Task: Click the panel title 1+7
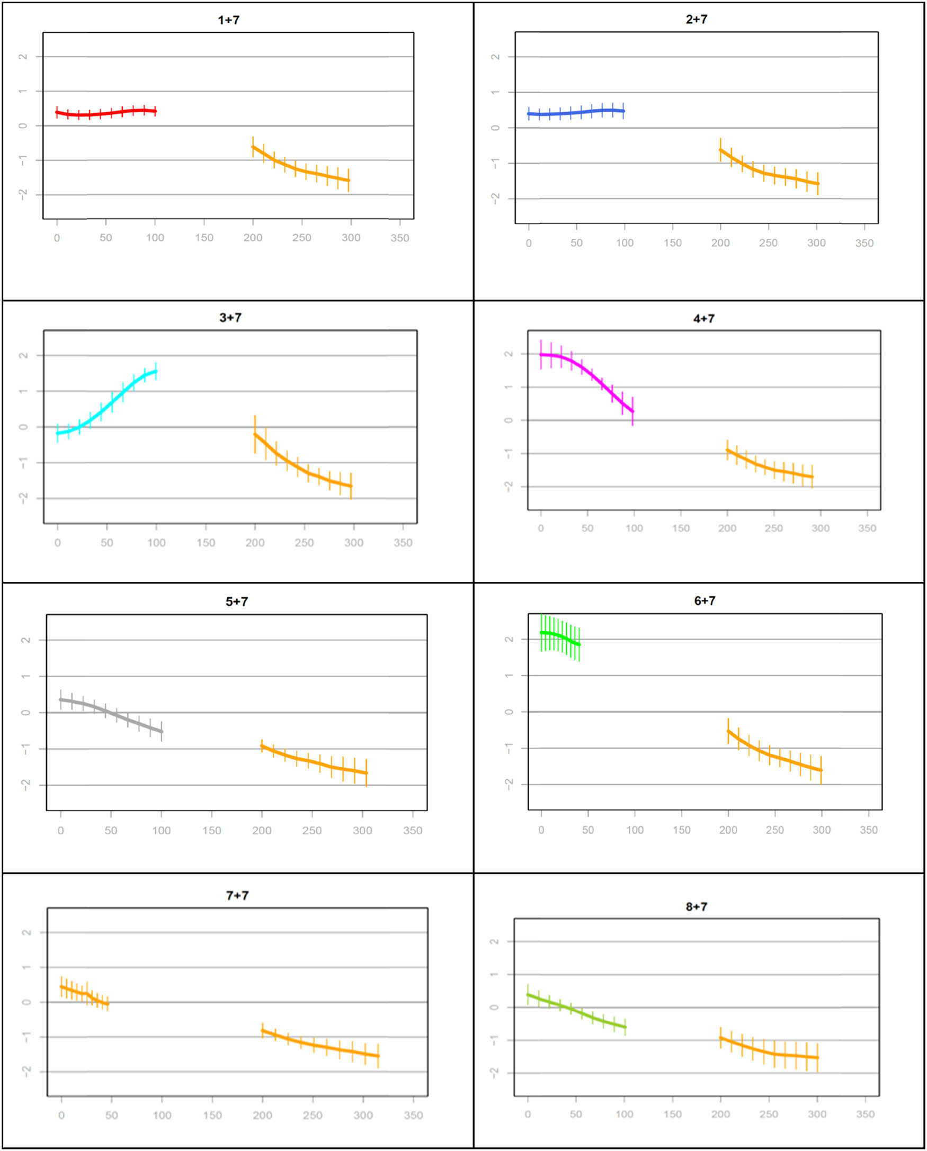228,20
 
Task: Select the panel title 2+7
697,19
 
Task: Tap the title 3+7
230,318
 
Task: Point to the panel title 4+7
703,319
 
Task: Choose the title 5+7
237,601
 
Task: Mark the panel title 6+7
705,600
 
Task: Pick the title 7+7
237,895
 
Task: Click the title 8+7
697,906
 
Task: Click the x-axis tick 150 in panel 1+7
204,238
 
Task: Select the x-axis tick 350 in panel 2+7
864,244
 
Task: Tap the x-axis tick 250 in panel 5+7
312,831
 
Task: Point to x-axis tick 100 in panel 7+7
162,1115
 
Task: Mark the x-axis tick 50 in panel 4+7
587,528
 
